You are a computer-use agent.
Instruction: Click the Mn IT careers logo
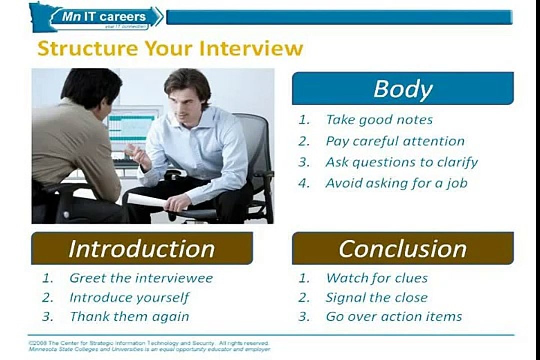(100, 17)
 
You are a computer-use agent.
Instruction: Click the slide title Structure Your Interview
(170, 49)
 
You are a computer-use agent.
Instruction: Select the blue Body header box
(403, 89)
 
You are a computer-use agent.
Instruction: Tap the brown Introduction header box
(142, 248)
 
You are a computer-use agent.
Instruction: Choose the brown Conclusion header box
(403, 248)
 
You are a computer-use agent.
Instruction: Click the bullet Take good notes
(379, 120)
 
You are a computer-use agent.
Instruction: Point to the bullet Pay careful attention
(395, 141)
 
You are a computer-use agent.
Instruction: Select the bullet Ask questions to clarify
(401, 162)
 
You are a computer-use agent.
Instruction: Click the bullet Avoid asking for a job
(396, 183)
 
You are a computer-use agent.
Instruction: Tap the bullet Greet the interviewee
(141, 278)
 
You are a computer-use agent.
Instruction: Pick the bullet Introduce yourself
(129, 298)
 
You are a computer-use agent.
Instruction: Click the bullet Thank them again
(129, 317)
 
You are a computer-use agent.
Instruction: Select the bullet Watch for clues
(377, 278)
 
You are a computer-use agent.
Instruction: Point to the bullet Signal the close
(376, 298)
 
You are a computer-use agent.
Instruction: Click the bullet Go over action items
(394, 317)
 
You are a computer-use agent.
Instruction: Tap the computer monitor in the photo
(131, 129)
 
